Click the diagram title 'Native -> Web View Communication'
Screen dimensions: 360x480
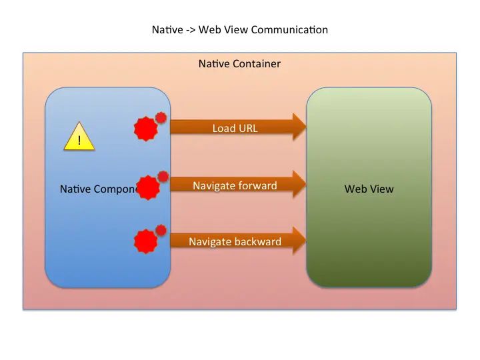[x=240, y=30]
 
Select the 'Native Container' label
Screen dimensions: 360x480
[x=239, y=64]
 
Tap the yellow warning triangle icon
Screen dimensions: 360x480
[x=79, y=137]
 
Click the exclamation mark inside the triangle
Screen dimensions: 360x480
[x=80, y=140]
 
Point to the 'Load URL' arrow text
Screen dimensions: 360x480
[x=235, y=128]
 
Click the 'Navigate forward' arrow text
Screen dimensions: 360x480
[x=235, y=185]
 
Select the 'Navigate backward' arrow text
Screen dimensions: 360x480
[x=235, y=241]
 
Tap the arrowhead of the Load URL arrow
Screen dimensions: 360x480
[x=298, y=127]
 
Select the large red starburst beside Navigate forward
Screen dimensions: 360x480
[x=148, y=187]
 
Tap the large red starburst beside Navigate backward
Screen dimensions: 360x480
[x=145, y=241]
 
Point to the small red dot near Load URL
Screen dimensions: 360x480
[x=161, y=118]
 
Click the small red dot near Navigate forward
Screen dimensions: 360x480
[x=163, y=177]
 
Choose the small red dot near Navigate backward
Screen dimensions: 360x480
[x=161, y=231]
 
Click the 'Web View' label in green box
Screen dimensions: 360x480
[x=369, y=189]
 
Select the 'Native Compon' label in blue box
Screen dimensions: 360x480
[x=98, y=189]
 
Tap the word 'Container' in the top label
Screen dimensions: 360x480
[x=257, y=64]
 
